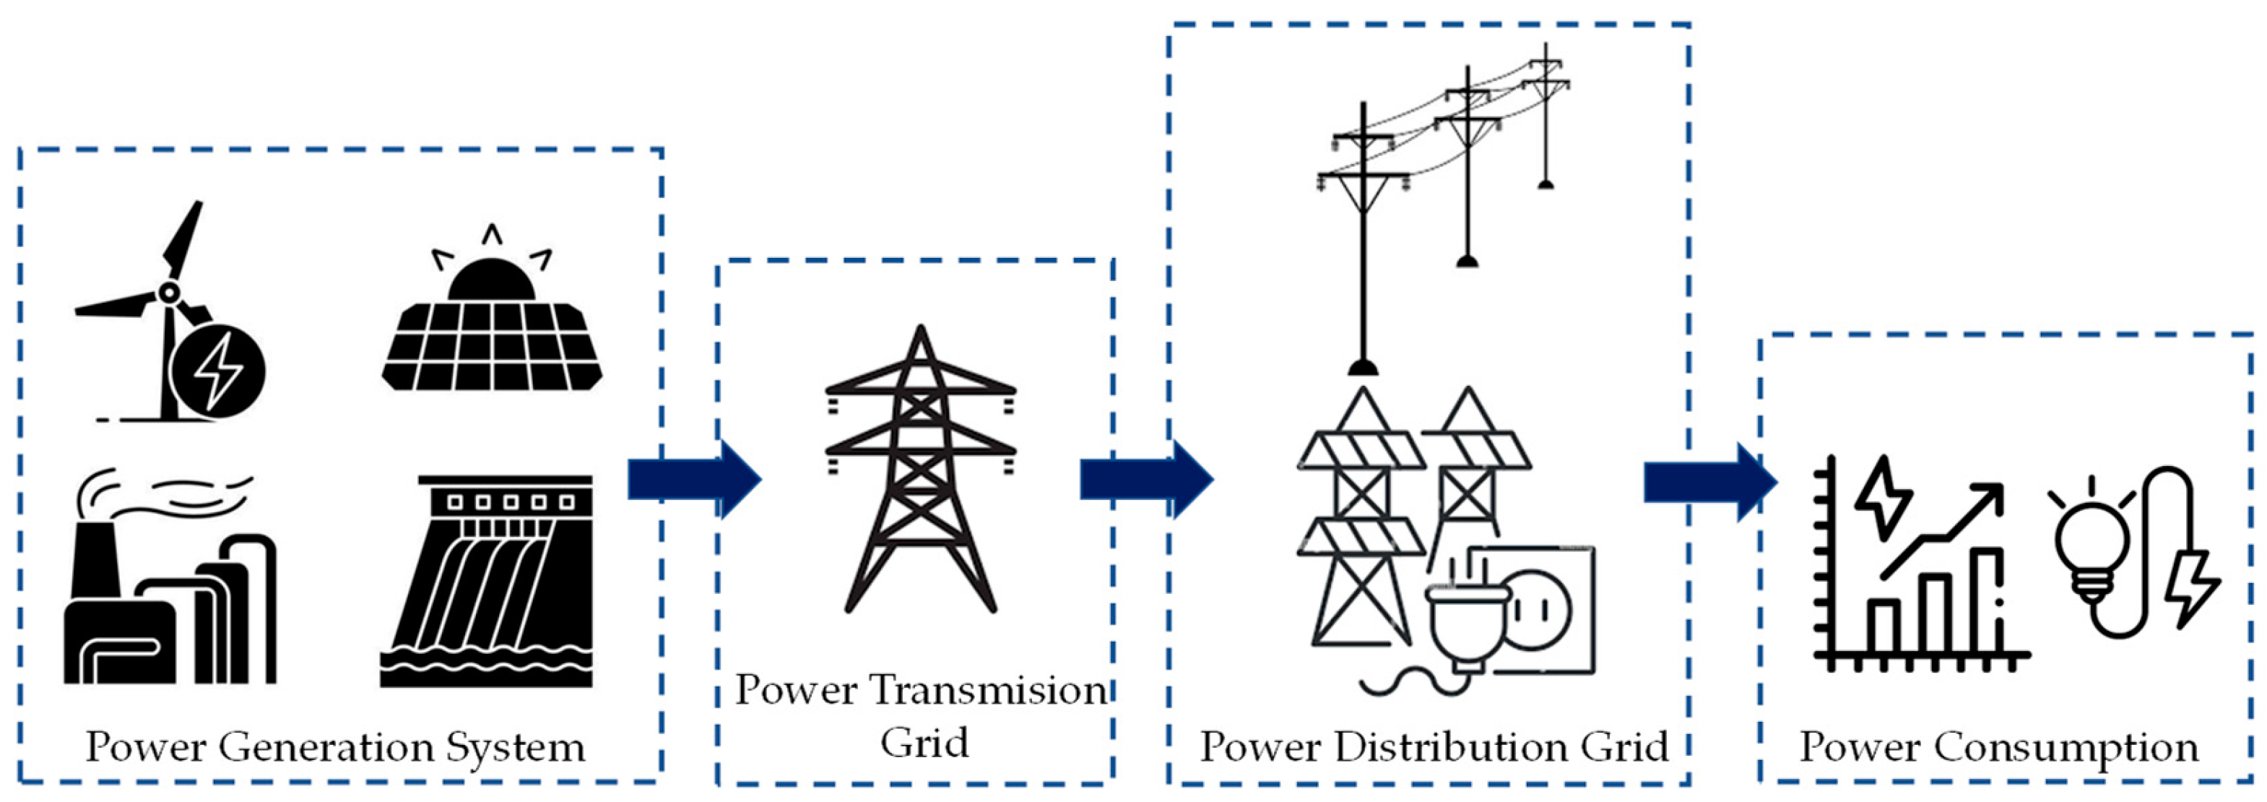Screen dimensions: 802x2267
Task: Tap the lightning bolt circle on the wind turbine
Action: (217, 370)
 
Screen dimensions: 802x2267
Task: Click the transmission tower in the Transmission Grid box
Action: (921, 475)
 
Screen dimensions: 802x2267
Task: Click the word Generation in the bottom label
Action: (326, 749)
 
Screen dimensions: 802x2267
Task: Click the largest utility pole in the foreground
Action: (1364, 238)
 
